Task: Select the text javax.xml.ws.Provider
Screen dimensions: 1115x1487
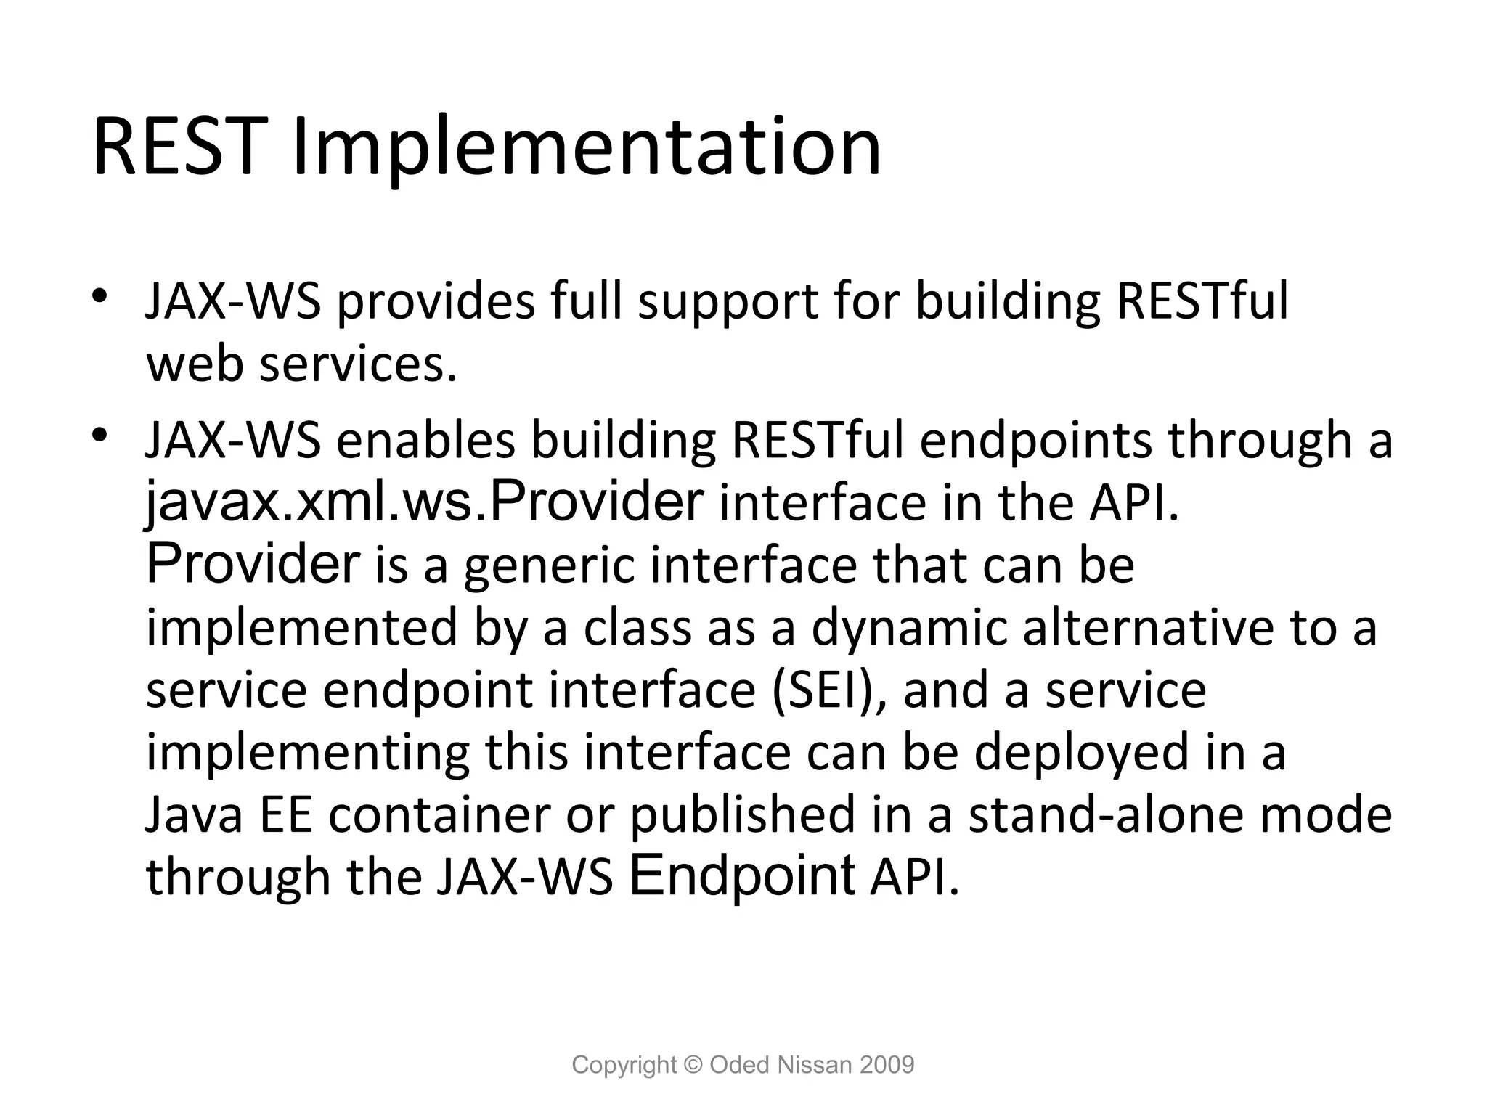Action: click(424, 503)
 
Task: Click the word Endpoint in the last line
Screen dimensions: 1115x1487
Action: click(742, 878)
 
